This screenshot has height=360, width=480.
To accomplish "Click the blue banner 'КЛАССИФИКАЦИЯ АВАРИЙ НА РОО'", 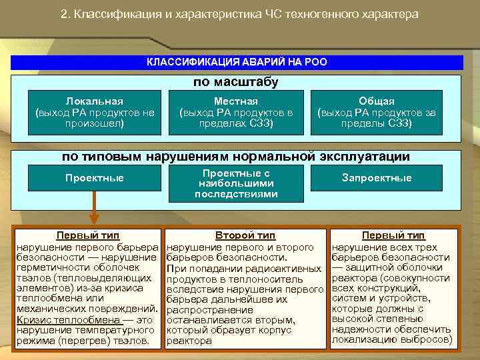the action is (237, 62).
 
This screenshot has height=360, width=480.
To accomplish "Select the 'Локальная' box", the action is (95, 112).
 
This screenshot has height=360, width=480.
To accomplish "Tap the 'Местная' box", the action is (236, 112).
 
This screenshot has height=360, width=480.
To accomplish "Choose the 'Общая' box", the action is (377, 112).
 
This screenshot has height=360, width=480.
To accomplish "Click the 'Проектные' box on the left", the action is (95, 178).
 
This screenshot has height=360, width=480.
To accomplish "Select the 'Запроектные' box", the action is (377, 178).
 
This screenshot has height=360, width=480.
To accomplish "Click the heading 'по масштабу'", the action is (236, 82).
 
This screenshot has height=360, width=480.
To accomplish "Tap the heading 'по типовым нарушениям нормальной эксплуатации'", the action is (236, 157).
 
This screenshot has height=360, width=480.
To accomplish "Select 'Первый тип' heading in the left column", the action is (87, 235).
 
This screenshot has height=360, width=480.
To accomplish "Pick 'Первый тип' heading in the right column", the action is (393, 235).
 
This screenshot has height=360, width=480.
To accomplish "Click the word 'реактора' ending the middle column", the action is (189, 341).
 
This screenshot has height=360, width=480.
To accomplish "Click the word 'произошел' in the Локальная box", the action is (95, 123).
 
